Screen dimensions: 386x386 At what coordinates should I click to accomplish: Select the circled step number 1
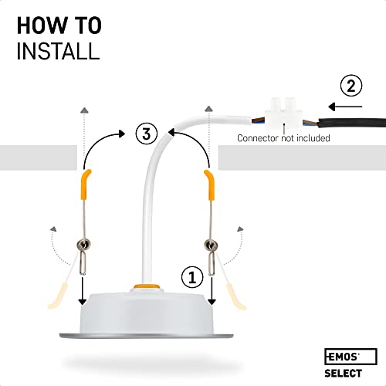[x=194, y=274]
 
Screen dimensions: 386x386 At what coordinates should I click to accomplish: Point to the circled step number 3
[x=144, y=133]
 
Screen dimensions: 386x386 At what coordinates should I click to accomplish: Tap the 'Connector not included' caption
[x=283, y=138]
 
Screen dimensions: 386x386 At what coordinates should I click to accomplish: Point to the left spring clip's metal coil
[x=82, y=246]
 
